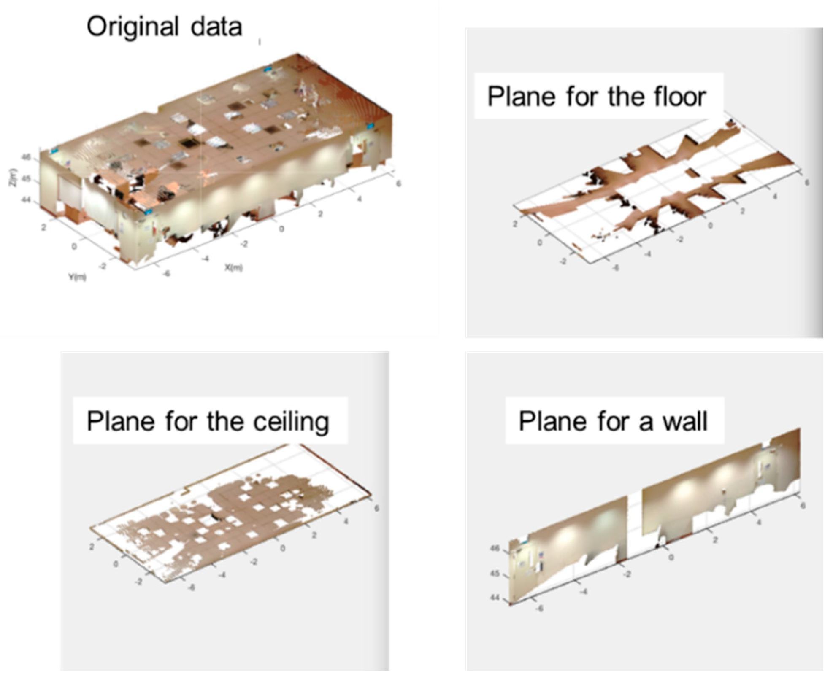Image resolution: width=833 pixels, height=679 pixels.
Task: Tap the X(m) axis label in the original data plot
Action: (233, 267)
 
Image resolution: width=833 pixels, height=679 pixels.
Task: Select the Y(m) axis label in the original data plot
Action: (77, 277)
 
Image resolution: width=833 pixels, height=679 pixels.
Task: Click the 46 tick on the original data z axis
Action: (26, 157)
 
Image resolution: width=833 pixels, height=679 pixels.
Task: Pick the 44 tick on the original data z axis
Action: (26, 199)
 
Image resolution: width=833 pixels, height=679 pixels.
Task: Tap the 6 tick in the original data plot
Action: (398, 183)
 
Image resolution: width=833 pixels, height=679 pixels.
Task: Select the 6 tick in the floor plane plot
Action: (807, 182)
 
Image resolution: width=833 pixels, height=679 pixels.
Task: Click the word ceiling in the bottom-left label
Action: (291, 422)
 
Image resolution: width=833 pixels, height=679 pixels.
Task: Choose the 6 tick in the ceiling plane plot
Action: (376, 508)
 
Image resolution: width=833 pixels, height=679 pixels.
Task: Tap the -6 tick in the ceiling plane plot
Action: (191, 587)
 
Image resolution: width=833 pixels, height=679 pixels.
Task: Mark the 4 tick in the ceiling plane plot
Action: (346, 521)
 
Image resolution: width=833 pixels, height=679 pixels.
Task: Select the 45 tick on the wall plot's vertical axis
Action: (495, 574)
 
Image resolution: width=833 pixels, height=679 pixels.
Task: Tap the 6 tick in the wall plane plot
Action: (803, 505)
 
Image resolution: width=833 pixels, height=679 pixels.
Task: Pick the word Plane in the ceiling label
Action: (120, 422)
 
